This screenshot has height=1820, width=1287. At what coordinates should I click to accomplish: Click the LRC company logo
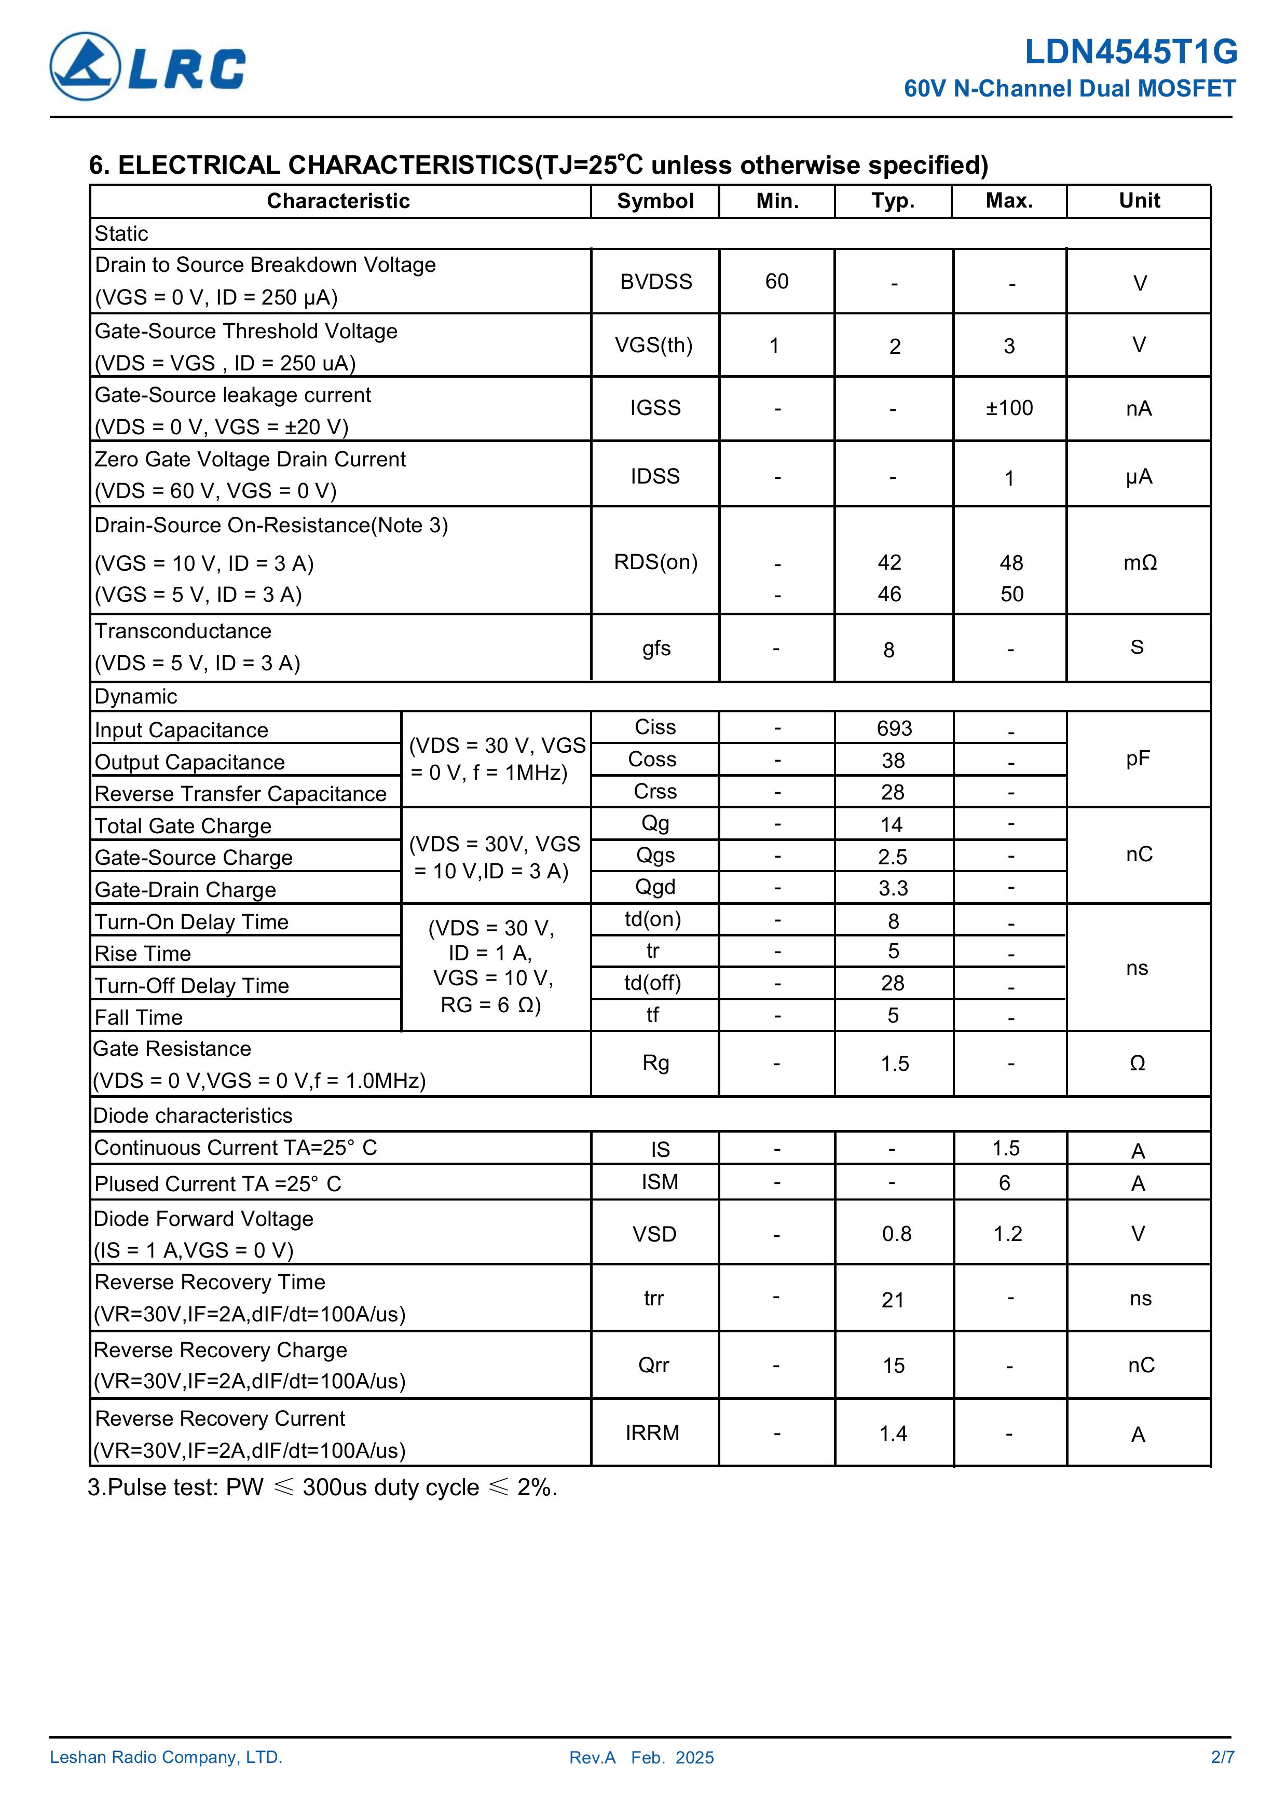click(147, 66)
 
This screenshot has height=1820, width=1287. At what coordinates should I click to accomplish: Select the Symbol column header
click(655, 201)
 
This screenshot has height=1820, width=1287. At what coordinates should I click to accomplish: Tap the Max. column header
click(1009, 201)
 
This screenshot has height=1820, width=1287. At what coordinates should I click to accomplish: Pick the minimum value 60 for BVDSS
click(776, 282)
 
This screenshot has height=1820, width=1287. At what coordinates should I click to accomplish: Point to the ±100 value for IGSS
click(1009, 408)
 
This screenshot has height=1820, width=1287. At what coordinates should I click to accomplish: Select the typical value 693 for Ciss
click(894, 728)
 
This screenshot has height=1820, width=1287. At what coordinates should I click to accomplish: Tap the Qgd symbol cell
click(655, 887)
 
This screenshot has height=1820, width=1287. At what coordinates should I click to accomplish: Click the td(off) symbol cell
click(653, 983)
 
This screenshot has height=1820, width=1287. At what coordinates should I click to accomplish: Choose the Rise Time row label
click(143, 954)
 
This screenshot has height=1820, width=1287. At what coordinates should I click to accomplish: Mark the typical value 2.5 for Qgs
click(893, 857)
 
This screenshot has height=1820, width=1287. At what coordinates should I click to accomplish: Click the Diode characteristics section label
click(193, 1115)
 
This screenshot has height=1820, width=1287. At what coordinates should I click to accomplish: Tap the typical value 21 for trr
click(893, 1300)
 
